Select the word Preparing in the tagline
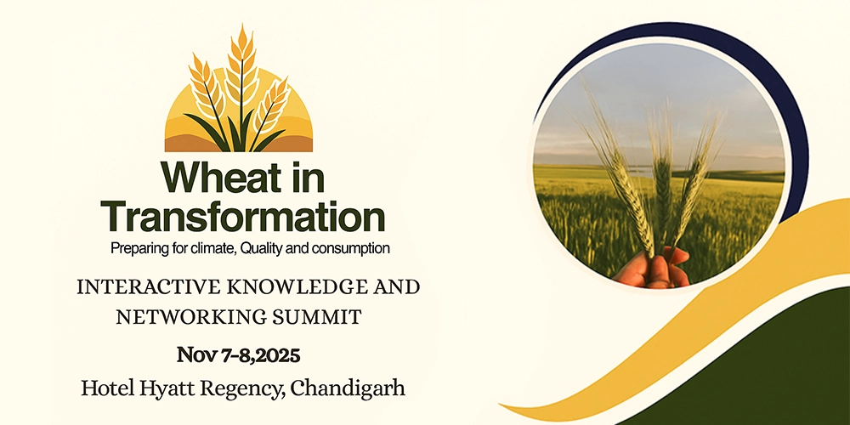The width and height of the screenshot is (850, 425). [x=134, y=249]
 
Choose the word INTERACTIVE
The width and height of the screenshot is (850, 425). [x=145, y=286]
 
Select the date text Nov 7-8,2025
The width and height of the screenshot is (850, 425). [x=239, y=355]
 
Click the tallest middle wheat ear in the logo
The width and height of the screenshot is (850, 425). [x=241, y=65]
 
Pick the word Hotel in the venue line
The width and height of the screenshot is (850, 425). [x=108, y=388]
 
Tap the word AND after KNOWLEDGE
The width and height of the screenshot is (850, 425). [x=395, y=286]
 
